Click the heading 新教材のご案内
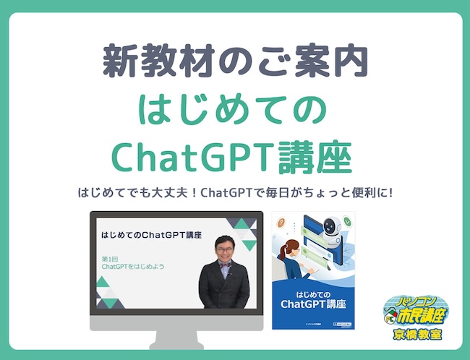point(234,62)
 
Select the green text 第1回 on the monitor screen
point(110,258)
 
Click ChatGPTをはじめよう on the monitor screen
point(133,267)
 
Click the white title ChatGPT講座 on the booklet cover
point(313,304)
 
